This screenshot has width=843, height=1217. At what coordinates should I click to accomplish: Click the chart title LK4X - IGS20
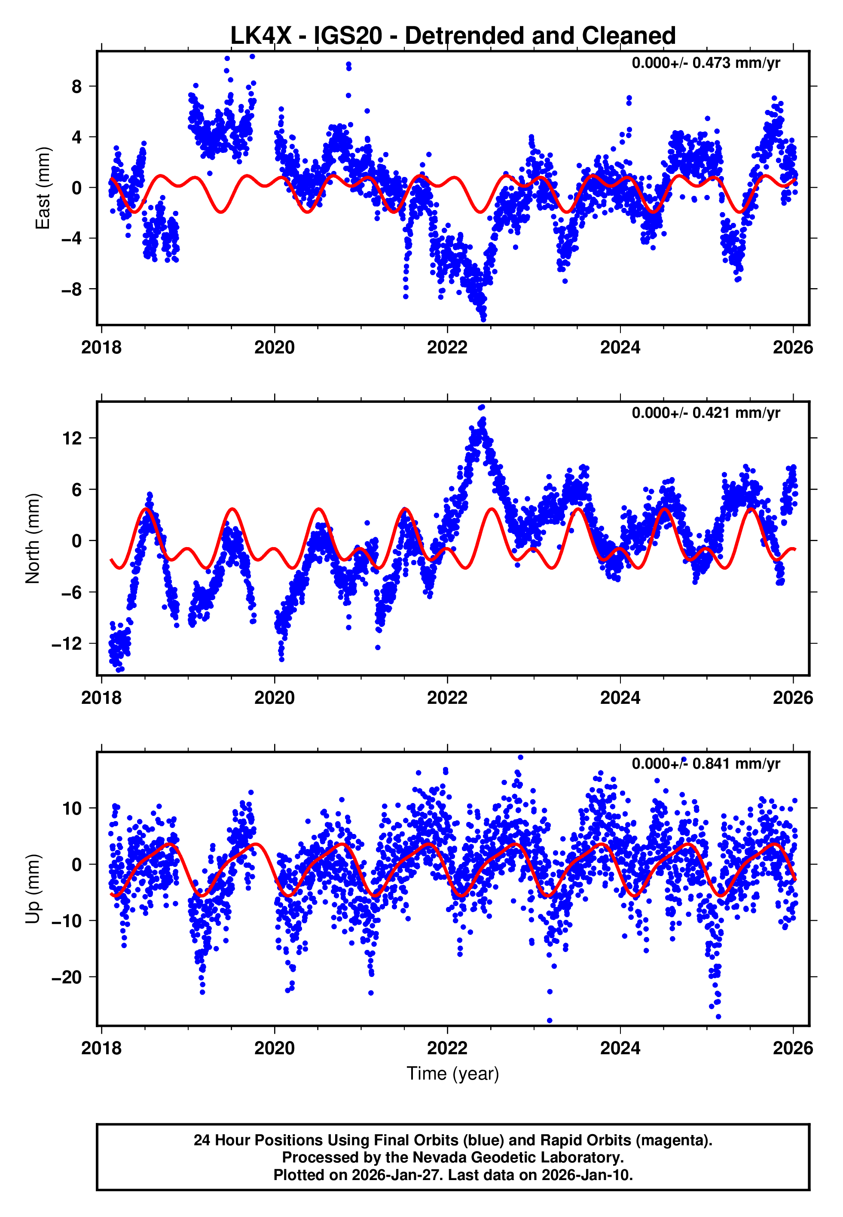coord(453,36)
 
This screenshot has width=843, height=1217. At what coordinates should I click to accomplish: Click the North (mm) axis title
coord(33,539)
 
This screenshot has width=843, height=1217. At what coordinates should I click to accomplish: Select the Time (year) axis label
coord(453,1074)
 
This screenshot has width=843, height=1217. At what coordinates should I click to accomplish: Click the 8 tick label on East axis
coord(77,87)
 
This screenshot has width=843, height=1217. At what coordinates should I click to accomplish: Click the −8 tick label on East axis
coord(72,289)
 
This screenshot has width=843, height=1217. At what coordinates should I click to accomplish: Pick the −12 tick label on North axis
coord(67,644)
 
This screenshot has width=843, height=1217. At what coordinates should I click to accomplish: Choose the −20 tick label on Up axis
coord(67,977)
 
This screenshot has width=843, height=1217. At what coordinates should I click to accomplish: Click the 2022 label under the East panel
coord(447,348)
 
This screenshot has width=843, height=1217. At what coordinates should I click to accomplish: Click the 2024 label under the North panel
coord(620,698)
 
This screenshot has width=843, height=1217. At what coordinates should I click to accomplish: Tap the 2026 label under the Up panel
coord(793,1048)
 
